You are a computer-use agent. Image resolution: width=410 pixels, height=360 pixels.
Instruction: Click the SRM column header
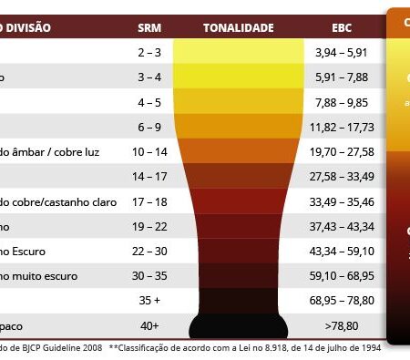[149, 27]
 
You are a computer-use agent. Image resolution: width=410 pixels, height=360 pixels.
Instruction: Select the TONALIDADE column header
[238, 27]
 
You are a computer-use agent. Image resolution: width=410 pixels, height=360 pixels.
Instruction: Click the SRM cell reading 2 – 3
[149, 53]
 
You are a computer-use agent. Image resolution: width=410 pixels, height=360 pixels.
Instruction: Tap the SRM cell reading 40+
[149, 324]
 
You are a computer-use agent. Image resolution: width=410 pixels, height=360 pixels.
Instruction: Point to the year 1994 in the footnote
[365, 348]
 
